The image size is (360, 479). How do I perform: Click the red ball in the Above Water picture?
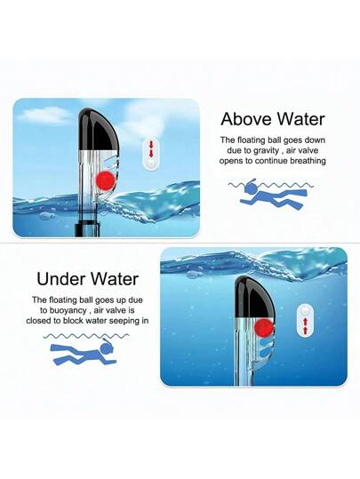tap(105, 180)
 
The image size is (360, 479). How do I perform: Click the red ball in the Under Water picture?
tap(264, 329)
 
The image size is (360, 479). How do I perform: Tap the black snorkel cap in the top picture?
tap(98, 129)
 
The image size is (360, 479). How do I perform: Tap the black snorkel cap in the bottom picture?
tap(255, 297)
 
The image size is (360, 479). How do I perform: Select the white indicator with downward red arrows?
tap(151, 154)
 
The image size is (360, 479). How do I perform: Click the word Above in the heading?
tap(247, 118)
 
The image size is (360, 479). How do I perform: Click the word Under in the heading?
tap(60, 279)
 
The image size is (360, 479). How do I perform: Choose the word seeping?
tap(124, 322)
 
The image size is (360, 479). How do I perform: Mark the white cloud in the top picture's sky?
tap(45, 116)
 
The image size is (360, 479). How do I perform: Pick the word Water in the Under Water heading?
tap(114, 279)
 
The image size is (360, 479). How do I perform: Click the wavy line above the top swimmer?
tap(271, 185)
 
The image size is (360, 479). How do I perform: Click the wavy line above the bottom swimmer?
tap(86, 336)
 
